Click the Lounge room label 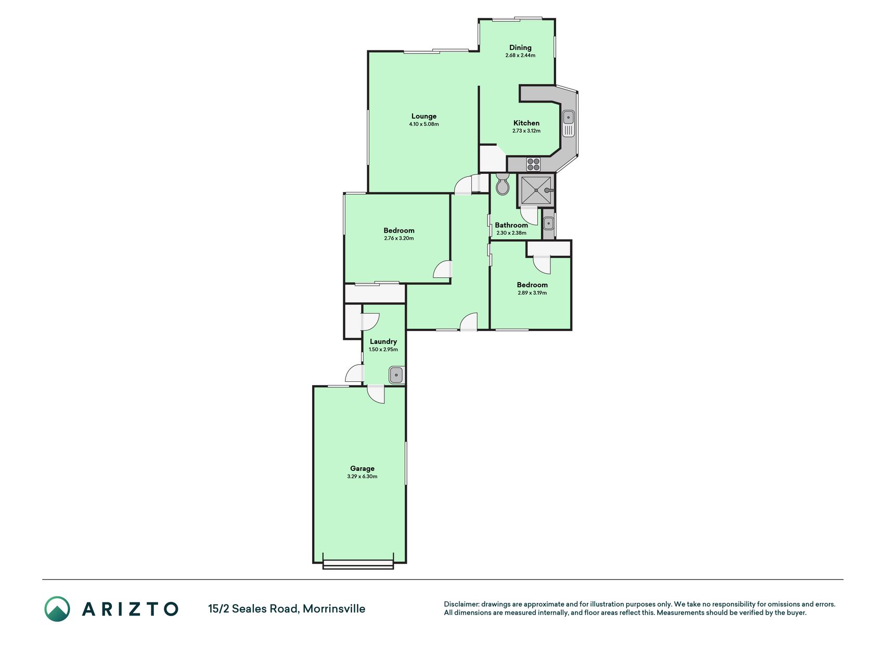coord(424,117)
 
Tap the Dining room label coord(520,48)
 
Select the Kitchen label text coord(526,123)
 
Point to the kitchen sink coord(568,124)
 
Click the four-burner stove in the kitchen coord(534,164)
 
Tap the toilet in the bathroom coord(503,184)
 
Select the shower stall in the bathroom coord(536,190)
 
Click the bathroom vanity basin coord(548,224)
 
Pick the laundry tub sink coord(396,375)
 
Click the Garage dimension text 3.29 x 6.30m coord(362,477)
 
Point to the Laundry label coord(383,342)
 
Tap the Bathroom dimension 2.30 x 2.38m coord(511,233)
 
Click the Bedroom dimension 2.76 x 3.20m coord(399,238)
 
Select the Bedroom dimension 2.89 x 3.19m coord(532,293)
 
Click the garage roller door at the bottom coord(358,565)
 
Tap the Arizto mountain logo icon coord(57,609)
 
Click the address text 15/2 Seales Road coord(253,609)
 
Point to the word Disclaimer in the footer coord(461,604)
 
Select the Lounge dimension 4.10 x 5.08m coord(424,124)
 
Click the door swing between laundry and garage coord(376,394)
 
